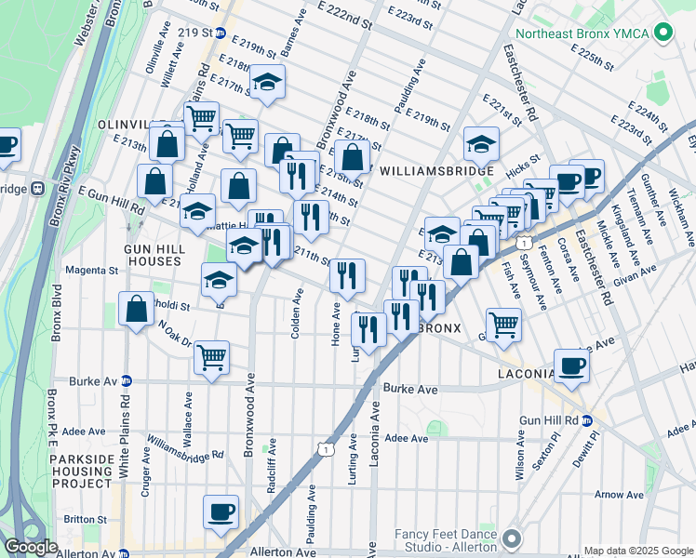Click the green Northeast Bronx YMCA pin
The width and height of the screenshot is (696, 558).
(x=663, y=33)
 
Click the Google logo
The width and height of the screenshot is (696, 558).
(x=31, y=547)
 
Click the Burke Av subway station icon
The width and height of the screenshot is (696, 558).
(x=127, y=380)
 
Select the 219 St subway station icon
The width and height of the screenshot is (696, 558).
(x=221, y=32)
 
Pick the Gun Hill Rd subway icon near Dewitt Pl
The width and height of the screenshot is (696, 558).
(x=586, y=420)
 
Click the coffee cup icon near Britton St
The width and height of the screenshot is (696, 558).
(x=221, y=511)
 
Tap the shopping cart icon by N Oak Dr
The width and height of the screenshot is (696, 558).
(x=211, y=355)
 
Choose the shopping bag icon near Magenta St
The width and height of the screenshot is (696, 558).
(x=136, y=311)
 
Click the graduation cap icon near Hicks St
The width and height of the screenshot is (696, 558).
(x=481, y=143)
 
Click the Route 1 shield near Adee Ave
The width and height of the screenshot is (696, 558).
(x=324, y=449)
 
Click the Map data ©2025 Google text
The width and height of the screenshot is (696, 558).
(x=638, y=551)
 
